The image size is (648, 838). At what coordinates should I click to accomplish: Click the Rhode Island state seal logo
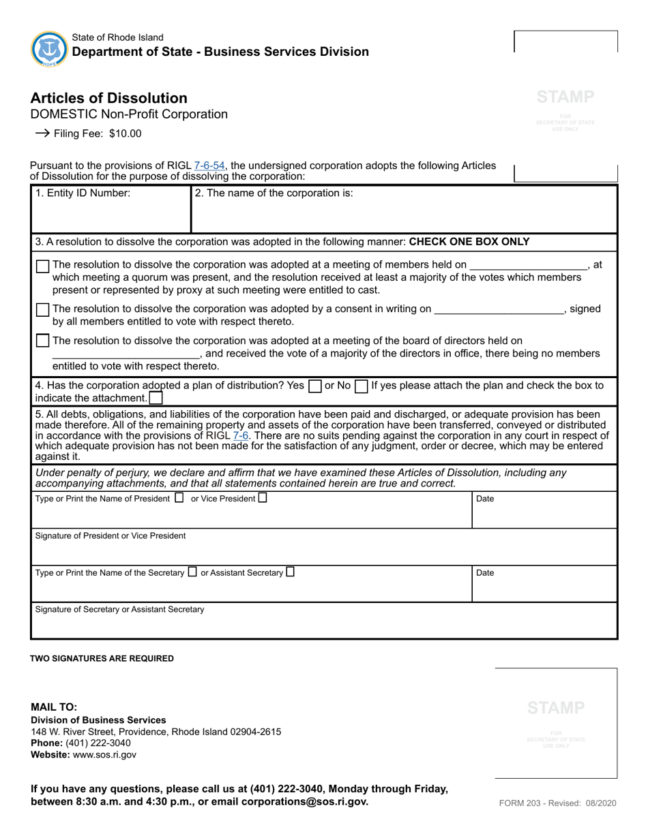49,49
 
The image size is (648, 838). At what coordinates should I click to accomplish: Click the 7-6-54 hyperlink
209,166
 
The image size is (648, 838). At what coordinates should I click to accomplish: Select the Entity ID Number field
111,215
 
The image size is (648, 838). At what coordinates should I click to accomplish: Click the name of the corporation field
404,215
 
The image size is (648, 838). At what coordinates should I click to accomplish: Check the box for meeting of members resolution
43,266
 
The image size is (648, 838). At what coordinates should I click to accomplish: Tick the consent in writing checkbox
43,310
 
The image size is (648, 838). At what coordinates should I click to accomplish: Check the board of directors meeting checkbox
43,341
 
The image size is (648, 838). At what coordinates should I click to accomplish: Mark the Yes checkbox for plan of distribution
314,386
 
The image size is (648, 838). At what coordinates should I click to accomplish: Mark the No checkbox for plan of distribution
361,386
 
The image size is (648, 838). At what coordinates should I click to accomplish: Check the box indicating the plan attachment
156,398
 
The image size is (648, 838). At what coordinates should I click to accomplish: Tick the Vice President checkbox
263,498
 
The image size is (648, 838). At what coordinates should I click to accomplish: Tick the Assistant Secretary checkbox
291,572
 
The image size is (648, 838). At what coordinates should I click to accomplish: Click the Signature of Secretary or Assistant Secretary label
119,609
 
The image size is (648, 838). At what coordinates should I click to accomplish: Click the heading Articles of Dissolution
108,98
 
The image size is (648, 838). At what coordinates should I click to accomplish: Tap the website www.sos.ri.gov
104,755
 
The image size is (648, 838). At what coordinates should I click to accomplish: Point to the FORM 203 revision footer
557,803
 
